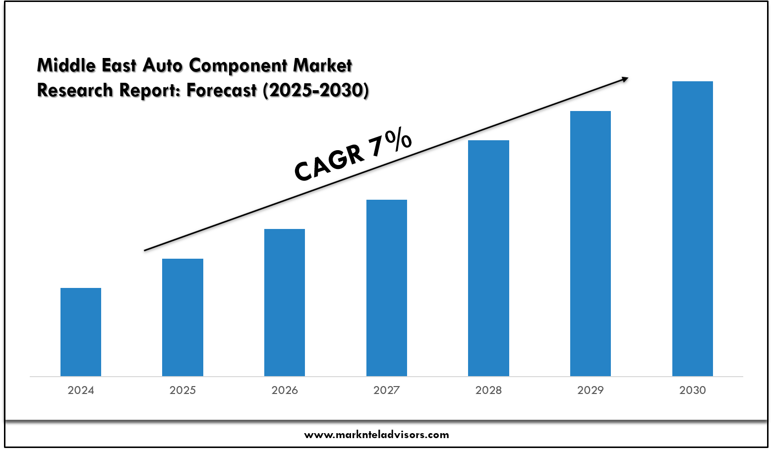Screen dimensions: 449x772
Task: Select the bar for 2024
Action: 81,332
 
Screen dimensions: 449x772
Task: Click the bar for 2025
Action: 182,317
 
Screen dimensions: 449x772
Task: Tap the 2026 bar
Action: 285,302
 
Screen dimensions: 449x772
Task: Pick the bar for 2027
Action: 387,287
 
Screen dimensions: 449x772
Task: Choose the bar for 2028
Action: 488,258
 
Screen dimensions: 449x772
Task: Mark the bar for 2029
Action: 591,243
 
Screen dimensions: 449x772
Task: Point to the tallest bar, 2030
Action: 693,228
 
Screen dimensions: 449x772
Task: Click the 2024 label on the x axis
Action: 81,391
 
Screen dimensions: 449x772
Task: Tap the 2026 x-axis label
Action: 285,391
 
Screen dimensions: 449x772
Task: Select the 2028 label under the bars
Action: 488,391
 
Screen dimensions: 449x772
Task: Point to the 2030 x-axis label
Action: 693,391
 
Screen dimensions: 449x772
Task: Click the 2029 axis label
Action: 591,391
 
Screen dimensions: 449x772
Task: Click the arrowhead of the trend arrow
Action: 624,79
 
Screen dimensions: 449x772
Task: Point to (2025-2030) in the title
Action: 315,91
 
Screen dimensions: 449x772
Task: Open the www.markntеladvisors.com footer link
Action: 376,435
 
